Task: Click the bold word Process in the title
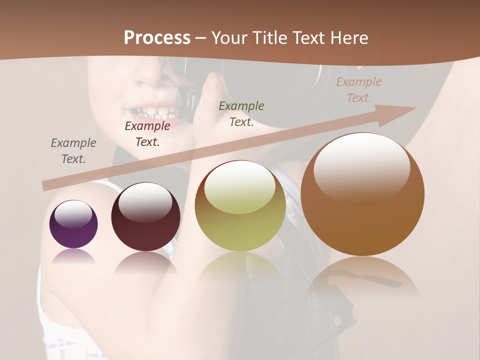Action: (157, 37)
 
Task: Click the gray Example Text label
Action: (73, 150)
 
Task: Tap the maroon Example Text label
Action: (147, 133)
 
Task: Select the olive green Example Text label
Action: (241, 113)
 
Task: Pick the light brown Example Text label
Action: (358, 89)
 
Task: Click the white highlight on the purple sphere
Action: (73, 214)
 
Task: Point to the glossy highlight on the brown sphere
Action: (362, 167)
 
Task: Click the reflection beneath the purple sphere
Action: (73, 256)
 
